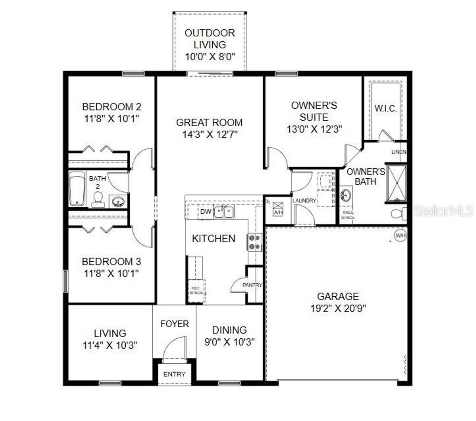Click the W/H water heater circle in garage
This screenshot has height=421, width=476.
coord(400,235)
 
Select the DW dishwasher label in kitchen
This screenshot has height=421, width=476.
coord(205,212)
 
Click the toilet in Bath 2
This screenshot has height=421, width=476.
coord(98,199)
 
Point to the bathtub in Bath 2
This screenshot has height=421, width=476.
coord(77,188)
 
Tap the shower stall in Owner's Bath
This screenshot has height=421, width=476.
coord(396,183)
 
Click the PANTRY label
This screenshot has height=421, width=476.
coord(252,285)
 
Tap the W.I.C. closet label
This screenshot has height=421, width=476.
coord(385,109)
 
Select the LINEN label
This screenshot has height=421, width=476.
coord(399,152)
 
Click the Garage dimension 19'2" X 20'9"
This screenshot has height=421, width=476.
coord(338,309)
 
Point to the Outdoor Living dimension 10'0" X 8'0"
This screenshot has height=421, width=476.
coord(210,57)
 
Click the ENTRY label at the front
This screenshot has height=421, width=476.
coord(174,374)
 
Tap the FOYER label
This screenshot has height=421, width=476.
coord(174,324)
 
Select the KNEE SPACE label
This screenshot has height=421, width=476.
coord(348,215)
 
